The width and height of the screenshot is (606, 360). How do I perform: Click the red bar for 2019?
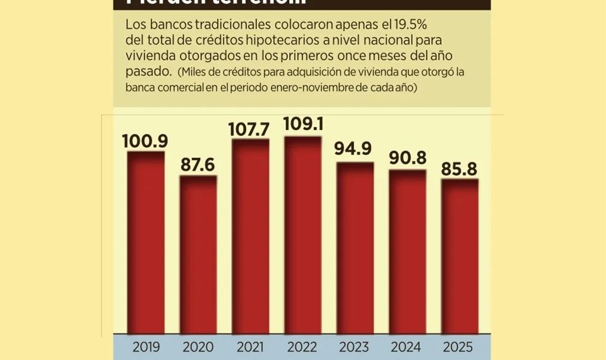coord(146,243)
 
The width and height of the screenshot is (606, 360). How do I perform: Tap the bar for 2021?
coord(251,237)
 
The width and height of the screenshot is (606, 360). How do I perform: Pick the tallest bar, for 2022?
coord(303,235)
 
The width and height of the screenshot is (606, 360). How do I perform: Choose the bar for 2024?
coord(407,252)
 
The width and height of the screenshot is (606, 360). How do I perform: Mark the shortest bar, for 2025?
coord(460,256)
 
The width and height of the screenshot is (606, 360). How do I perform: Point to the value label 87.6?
coord(198,164)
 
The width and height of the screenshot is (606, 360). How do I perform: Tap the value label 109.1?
coord(303,125)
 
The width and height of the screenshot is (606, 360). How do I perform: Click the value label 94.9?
coord(355,152)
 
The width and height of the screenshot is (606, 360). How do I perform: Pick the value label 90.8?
coord(407,159)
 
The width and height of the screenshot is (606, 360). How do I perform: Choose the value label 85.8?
coord(460,168)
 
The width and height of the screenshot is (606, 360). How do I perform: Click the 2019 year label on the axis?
coord(146,347)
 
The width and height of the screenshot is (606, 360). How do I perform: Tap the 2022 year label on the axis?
coord(303,347)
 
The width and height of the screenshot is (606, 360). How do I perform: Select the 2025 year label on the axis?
coord(460,347)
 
